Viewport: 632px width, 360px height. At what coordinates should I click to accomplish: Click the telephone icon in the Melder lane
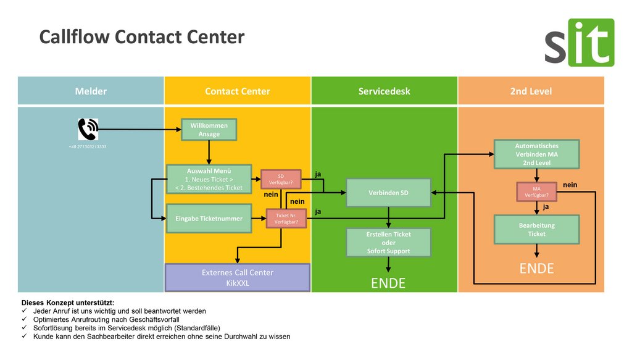coord(88,130)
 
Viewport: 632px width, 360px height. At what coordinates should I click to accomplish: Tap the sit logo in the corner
coord(579,43)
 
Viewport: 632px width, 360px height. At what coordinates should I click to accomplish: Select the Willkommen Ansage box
coord(209,130)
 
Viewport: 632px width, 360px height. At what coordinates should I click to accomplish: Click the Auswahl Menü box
coord(209,179)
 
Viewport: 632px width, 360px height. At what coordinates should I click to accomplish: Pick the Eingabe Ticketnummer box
coord(209,218)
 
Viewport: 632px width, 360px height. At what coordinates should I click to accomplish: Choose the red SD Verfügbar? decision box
coord(281,179)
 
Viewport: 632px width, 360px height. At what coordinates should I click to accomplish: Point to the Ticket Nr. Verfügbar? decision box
coord(286,218)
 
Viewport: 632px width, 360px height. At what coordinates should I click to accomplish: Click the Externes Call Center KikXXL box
coord(238,277)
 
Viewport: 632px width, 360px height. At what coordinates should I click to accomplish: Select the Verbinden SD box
coord(388,193)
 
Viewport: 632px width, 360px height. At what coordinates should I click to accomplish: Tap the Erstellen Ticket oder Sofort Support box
coord(388,242)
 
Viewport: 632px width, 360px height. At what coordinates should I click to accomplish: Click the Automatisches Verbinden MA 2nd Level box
coord(536,154)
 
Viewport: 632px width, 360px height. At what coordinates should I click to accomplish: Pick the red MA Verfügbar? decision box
coord(536,192)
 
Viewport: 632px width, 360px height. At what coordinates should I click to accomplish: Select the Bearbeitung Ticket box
coord(536,229)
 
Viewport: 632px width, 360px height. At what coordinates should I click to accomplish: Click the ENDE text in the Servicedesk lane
coord(388,283)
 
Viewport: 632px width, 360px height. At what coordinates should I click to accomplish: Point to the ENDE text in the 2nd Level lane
coord(536,269)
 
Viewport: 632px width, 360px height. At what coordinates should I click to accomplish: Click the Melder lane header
coord(91,91)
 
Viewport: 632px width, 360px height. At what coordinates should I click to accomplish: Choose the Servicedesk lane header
coord(384,91)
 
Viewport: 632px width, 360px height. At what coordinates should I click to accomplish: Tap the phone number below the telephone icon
coord(88,147)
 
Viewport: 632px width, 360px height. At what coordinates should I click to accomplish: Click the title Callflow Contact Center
coord(142,37)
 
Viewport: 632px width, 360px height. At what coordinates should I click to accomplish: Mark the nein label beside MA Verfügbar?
coord(570,185)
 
